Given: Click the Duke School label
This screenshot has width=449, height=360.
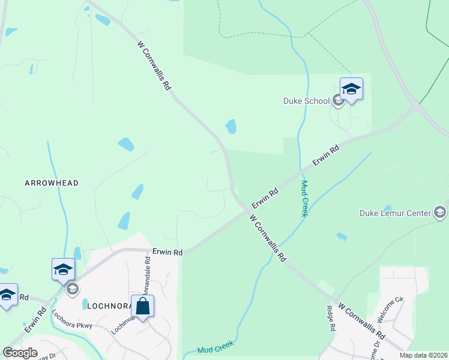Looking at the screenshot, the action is point(306,101).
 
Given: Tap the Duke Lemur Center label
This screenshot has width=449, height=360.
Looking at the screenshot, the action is point(395,212).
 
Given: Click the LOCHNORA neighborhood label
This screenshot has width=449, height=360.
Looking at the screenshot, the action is point(109,305).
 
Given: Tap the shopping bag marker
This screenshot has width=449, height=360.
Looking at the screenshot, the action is point(142,307).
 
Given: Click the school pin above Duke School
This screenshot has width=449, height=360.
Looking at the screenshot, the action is point(351,89).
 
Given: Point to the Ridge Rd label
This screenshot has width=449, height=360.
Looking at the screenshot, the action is point(330,319).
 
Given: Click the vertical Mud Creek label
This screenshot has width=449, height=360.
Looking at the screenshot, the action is point(304,199).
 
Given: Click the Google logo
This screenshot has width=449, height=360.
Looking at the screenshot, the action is point(20,352).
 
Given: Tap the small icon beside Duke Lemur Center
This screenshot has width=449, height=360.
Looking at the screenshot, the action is point(440,212).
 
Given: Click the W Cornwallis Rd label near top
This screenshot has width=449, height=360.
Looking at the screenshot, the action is point(154,65).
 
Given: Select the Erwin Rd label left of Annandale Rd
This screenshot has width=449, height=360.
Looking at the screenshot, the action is point(167,253).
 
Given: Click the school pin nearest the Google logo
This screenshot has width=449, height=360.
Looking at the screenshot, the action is point(7,295).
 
